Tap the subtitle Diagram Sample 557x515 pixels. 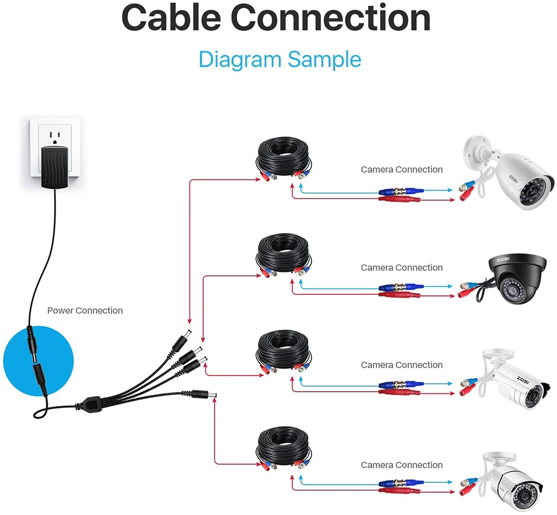click(x=280, y=60)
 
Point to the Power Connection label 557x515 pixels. click(x=85, y=311)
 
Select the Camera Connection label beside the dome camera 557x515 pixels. click(x=401, y=268)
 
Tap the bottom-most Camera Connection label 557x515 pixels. click(x=401, y=465)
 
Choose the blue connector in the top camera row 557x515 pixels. click(x=400, y=191)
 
